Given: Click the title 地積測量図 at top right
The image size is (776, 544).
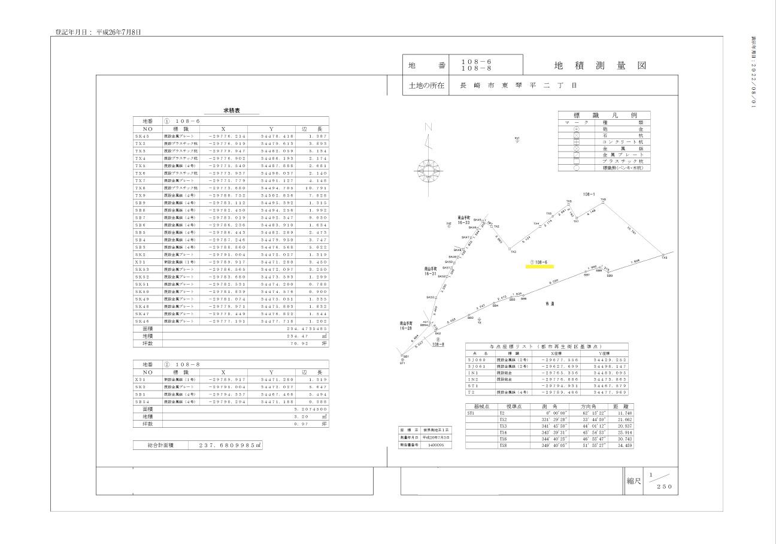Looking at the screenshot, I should (x=600, y=65).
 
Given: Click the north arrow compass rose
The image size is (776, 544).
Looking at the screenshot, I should (x=429, y=168).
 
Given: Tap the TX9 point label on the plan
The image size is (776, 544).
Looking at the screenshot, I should (x=665, y=258).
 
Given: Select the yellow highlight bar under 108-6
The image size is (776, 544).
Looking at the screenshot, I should (x=539, y=266).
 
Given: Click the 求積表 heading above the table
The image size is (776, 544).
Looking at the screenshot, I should (x=233, y=111).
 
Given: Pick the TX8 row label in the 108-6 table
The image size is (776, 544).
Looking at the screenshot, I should (x=140, y=188).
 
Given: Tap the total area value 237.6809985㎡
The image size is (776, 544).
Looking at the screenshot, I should (x=227, y=445).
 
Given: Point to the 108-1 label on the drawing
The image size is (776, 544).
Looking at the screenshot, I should (x=589, y=194).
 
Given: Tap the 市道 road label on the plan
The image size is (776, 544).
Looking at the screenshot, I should (x=549, y=304).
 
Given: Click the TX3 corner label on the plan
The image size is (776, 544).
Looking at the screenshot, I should (x=513, y=252).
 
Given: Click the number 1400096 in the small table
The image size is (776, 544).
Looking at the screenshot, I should (x=435, y=445).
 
